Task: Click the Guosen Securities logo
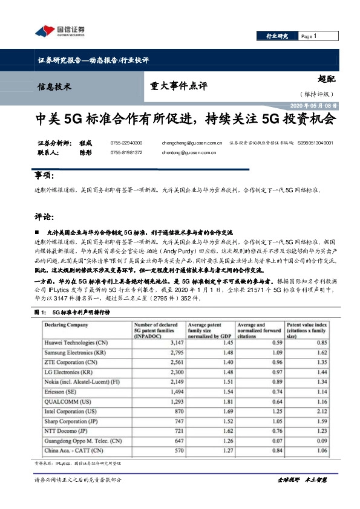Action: [x=59, y=31]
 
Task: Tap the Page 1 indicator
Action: [x=309, y=37]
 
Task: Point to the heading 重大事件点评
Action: [x=174, y=86]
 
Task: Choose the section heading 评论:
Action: [x=45, y=216]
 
